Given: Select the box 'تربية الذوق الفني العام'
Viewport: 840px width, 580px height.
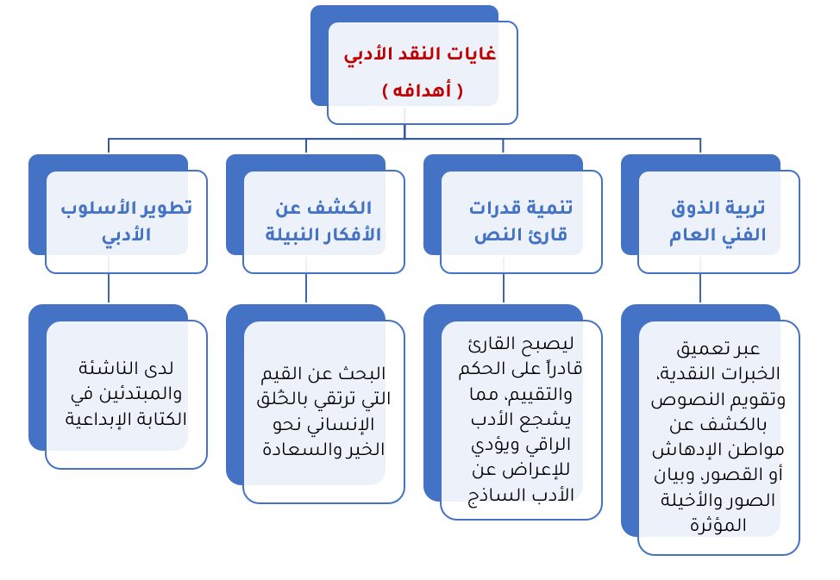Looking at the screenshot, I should click(x=718, y=221).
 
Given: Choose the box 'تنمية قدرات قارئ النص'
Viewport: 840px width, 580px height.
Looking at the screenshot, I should click(x=520, y=221).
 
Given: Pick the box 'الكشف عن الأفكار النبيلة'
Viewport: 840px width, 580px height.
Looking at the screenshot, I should click(x=323, y=221).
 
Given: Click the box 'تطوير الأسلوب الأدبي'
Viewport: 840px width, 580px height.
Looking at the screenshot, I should click(x=126, y=221).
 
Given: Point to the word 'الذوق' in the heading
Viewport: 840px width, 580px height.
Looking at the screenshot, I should click(x=696, y=209).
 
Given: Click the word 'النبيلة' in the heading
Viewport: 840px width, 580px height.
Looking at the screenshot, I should click(x=290, y=234).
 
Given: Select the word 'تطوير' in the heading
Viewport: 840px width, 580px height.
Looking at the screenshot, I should click(x=168, y=209).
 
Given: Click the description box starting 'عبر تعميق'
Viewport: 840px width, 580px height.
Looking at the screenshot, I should click(x=718, y=437).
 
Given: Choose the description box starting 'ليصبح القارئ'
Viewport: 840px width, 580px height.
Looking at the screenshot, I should click(x=520, y=420).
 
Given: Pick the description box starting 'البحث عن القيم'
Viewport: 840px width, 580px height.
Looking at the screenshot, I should click(x=323, y=411).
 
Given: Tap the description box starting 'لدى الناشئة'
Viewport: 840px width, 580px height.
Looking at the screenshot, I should click(x=126, y=394).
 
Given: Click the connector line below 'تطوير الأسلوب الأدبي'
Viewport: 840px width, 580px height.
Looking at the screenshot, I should click(x=109, y=289).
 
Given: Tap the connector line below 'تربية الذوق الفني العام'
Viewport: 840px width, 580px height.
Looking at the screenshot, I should click(x=700, y=289).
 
